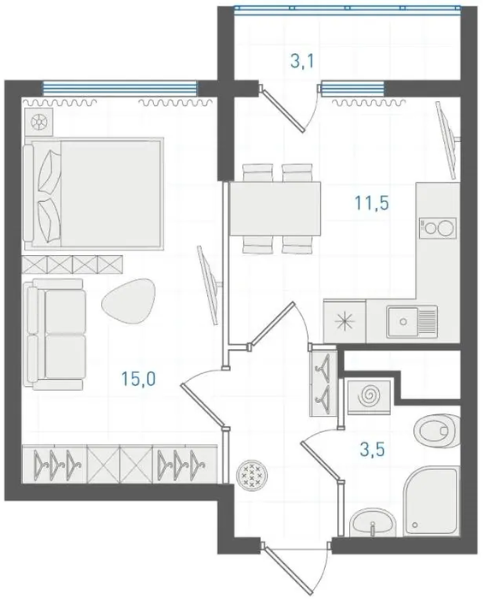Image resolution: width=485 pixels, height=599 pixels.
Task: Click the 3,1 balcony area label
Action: [x=302, y=61]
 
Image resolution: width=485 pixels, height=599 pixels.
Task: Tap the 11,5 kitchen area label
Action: [x=371, y=203]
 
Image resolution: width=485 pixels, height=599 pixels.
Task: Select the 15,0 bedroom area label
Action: [x=139, y=379]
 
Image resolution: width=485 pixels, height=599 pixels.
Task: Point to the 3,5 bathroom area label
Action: [x=372, y=449]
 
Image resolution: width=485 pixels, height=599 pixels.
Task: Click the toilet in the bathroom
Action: [x=437, y=431]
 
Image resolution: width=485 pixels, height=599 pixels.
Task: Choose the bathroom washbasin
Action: [x=373, y=522]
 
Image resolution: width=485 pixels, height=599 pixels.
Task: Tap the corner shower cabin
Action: [x=431, y=501]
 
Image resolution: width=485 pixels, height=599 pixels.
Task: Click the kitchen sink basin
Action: [x=411, y=322]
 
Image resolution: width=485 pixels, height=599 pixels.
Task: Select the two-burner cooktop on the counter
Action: [x=438, y=228]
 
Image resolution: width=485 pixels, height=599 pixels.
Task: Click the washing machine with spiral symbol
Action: [x=370, y=396]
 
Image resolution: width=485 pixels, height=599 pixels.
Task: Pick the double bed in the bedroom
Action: [x=94, y=193]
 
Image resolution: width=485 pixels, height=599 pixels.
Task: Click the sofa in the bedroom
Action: [x=54, y=335]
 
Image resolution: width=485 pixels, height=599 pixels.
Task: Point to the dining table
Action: [x=275, y=209]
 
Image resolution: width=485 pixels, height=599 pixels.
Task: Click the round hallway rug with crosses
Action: [x=251, y=474]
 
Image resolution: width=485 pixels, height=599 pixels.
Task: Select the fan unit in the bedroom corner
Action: [x=39, y=122]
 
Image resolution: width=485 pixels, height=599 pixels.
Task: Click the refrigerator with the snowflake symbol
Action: [x=345, y=321]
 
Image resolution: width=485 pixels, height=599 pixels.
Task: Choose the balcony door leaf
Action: [x=283, y=109]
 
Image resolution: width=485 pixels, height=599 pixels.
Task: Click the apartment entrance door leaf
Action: [x=287, y=568]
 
